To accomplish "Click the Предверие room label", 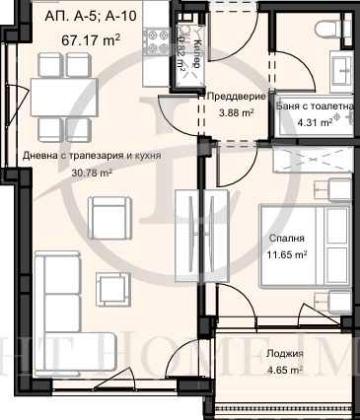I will (x=235, y=96).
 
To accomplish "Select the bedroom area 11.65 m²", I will (x=287, y=254).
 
